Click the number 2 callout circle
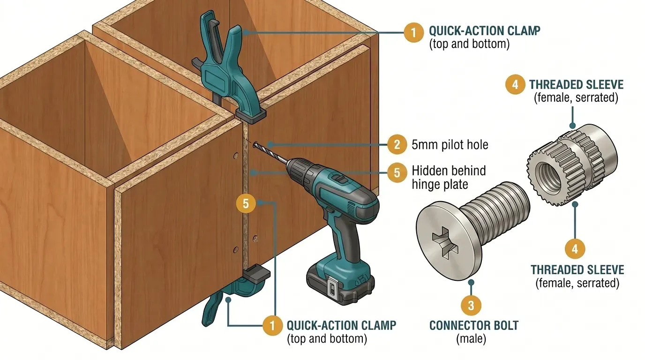[x=397, y=145]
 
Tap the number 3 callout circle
[x=471, y=306]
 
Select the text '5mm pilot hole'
[x=450, y=145]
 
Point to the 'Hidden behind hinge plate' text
[x=449, y=177]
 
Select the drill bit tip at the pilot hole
[x=256, y=146]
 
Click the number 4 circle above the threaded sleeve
[x=515, y=84]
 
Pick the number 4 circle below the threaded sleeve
[x=575, y=249]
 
